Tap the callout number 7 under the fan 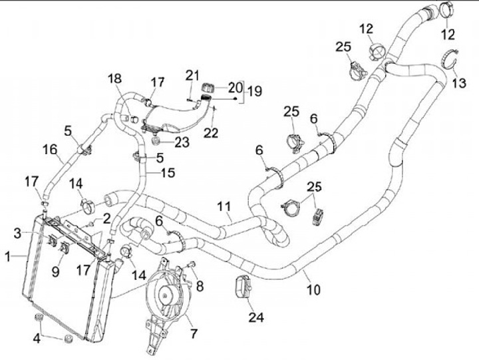194,332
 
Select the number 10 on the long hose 313,289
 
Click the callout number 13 460,83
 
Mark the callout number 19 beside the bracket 252,91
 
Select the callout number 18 114,79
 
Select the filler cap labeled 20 206,87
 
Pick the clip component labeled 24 241,287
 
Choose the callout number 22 211,133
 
